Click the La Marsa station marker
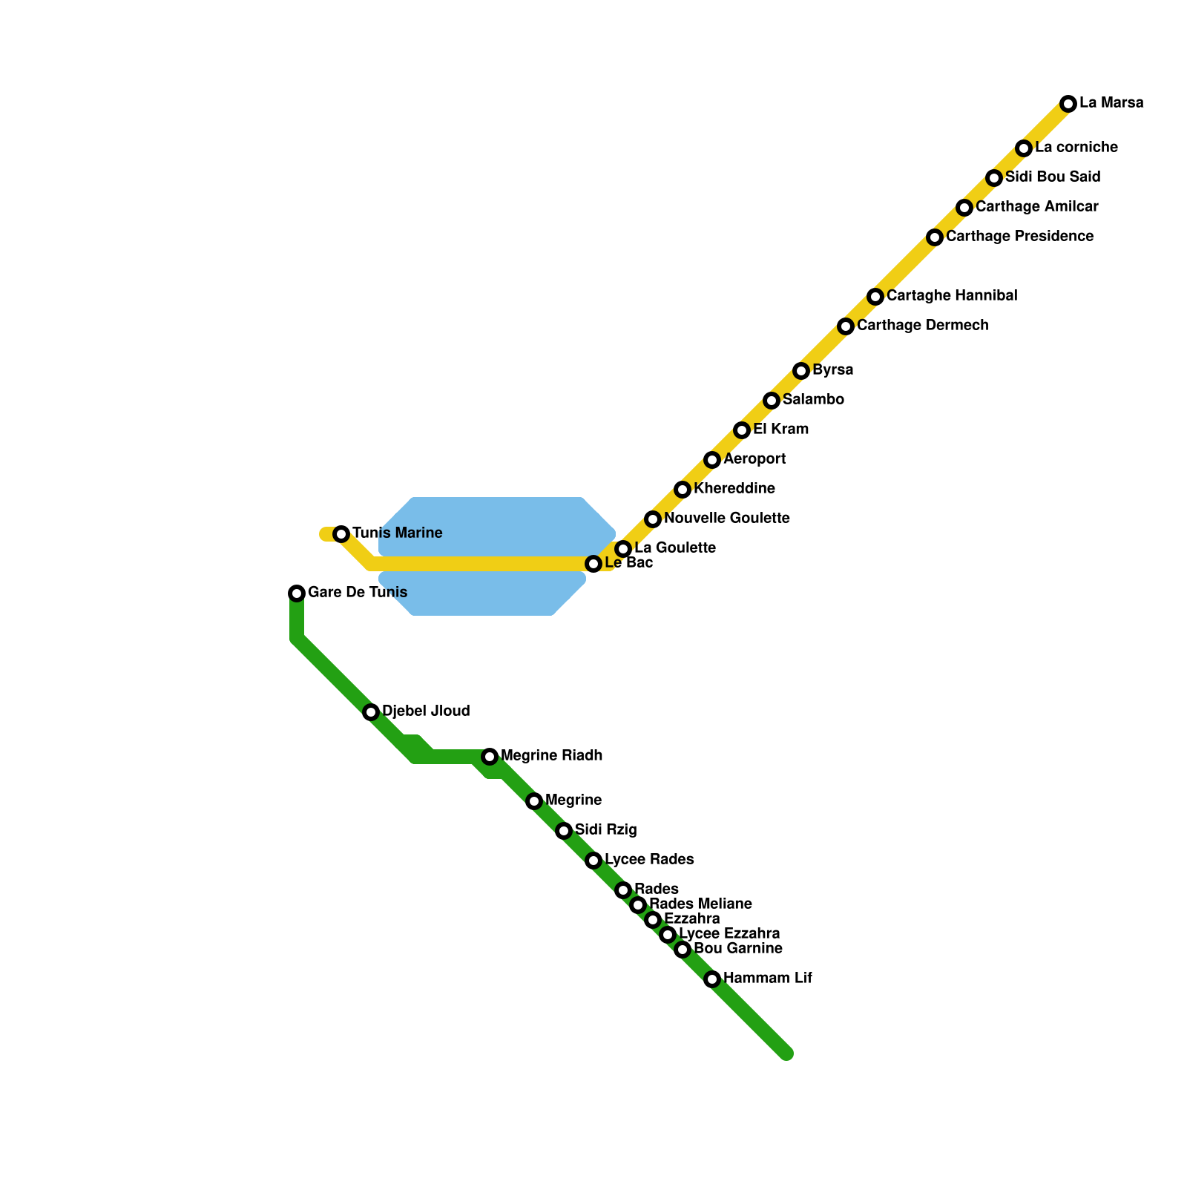(x=1068, y=104)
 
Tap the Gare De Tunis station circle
(x=297, y=593)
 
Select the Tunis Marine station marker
(x=341, y=534)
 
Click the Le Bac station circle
(x=593, y=564)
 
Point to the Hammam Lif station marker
(x=712, y=979)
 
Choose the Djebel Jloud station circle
(x=371, y=712)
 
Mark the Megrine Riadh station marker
(x=490, y=757)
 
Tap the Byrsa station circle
(x=801, y=371)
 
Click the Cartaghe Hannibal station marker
(x=875, y=297)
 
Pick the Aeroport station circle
(x=712, y=460)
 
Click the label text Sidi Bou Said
(x=1053, y=177)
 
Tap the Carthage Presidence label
(x=1019, y=237)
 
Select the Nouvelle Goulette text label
(x=726, y=519)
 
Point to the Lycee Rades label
(x=649, y=860)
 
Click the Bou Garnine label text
(x=738, y=949)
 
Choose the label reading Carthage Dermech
(x=922, y=326)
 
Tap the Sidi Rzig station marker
(x=564, y=831)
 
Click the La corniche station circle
(x=1024, y=148)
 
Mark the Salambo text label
(x=813, y=400)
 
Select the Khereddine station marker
(x=683, y=490)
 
